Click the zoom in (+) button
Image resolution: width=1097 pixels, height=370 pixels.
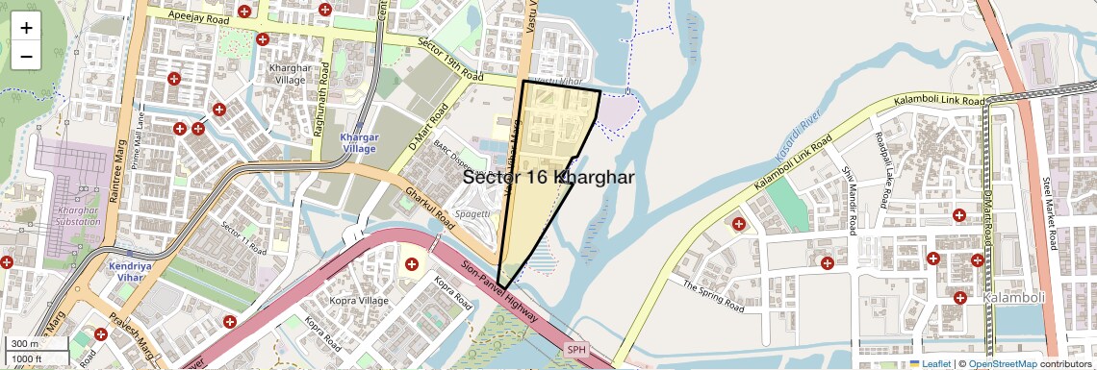pos(26,28)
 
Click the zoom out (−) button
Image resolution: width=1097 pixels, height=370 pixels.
pos(26,56)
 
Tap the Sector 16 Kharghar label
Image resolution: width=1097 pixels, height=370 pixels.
pos(548,178)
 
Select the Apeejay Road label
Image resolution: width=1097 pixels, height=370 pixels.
pos(196,16)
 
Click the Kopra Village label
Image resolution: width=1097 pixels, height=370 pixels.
pos(361,301)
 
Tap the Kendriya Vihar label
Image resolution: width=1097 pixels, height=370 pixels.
pos(133,270)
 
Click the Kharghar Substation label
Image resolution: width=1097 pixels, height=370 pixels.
pos(80,215)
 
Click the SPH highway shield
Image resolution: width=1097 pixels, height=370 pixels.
pos(575,350)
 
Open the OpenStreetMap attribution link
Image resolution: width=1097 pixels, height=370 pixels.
pos(1002,363)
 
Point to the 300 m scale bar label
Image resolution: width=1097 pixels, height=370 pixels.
pos(25,344)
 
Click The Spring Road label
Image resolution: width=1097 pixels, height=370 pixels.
pos(713,297)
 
